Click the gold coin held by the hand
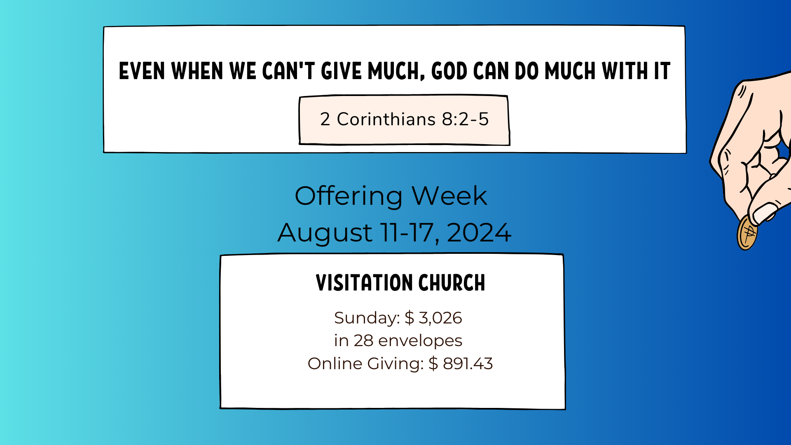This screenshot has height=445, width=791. (x=747, y=233)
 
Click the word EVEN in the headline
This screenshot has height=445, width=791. (x=142, y=71)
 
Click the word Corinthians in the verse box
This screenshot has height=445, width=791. (x=386, y=119)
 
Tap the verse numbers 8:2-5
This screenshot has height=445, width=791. (x=465, y=119)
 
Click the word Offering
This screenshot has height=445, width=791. (x=349, y=196)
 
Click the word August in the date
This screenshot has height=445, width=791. (x=325, y=233)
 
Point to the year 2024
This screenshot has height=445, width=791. (x=479, y=233)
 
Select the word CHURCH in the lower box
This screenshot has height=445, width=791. (x=452, y=283)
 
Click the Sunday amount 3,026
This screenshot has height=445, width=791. (x=440, y=318)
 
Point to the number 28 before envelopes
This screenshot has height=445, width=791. (x=363, y=341)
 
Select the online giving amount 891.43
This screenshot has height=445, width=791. (x=468, y=364)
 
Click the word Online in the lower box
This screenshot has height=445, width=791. (x=335, y=364)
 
